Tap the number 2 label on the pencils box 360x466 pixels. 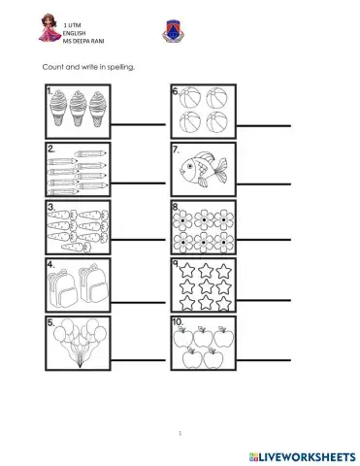[49, 150]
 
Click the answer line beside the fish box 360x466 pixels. [267, 184]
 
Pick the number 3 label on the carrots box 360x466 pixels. [49, 208]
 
